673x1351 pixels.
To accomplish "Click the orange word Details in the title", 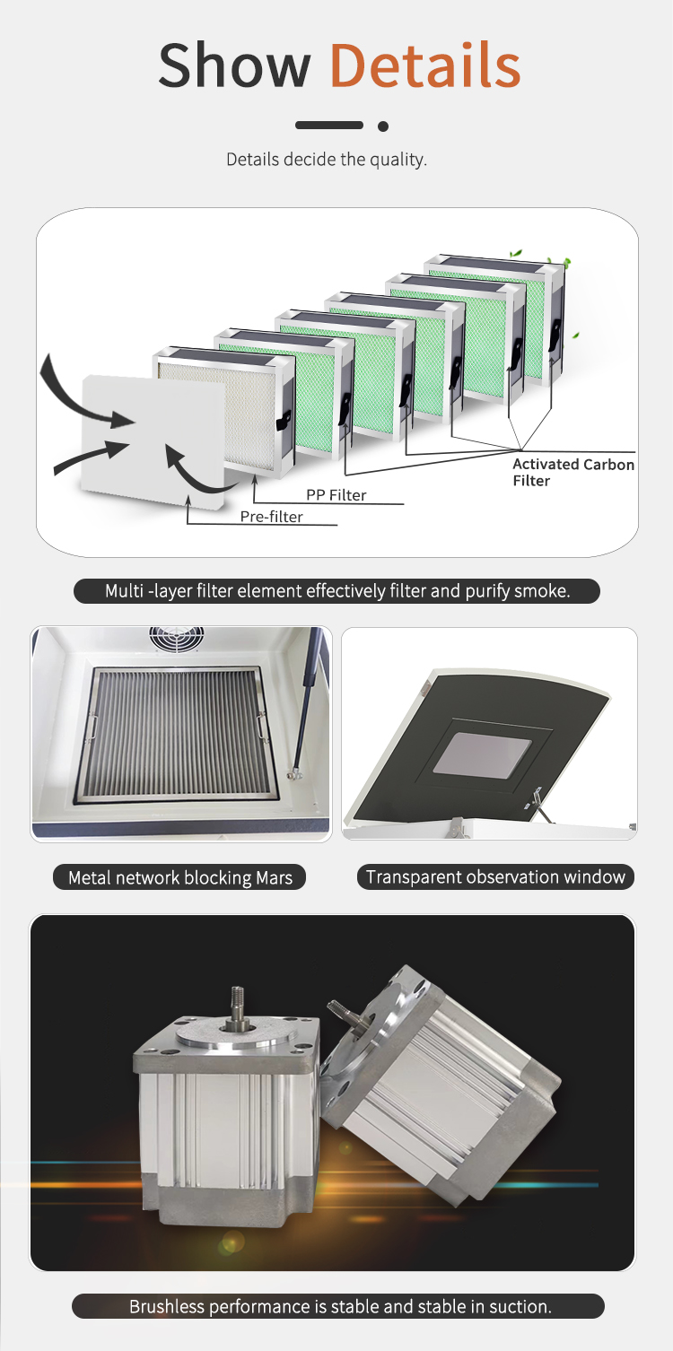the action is pyautogui.click(x=425, y=65).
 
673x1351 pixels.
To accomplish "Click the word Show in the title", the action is pyautogui.click(x=234, y=65).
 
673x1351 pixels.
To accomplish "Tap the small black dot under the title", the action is pyautogui.click(x=383, y=126).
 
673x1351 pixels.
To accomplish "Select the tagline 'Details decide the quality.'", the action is pyautogui.click(x=327, y=159).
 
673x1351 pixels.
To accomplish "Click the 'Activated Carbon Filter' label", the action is pyautogui.click(x=572, y=472).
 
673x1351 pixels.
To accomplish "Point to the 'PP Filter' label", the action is pyautogui.click(x=336, y=495).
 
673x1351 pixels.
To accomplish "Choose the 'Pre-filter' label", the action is pyautogui.click(x=271, y=517).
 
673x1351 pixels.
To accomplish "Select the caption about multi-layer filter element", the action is pyautogui.click(x=337, y=590).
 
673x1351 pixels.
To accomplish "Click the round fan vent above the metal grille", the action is pyautogui.click(x=177, y=639).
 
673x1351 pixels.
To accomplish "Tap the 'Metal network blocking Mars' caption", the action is pyautogui.click(x=179, y=877).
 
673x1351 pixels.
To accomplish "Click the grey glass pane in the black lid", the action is pyautogui.click(x=483, y=754).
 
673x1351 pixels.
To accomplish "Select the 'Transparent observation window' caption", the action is pyautogui.click(x=495, y=876).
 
